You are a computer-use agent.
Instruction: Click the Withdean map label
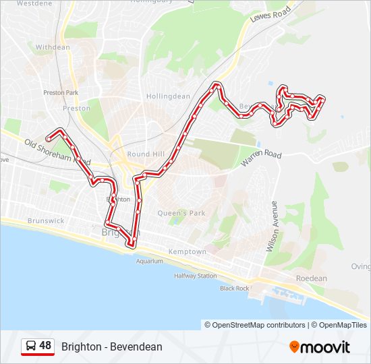(x=53, y=47)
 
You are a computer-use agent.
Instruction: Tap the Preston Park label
(x=61, y=92)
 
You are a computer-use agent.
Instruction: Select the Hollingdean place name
(x=169, y=96)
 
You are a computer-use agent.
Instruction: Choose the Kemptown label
(x=187, y=251)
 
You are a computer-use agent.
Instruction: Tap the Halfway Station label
(x=195, y=276)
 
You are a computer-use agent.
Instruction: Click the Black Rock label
(x=234, y=288)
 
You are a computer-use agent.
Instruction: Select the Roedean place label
(x=311, y=278)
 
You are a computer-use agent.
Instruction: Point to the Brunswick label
(x=46, y=220)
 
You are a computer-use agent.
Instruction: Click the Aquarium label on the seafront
(x=149, y=261)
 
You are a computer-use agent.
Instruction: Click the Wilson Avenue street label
(x=271, y=226)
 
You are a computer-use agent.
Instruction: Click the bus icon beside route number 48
(x=30, y=346)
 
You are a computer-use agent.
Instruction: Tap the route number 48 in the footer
(x=45, y=346)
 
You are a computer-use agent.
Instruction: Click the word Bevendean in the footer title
(x=138, y=346)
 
